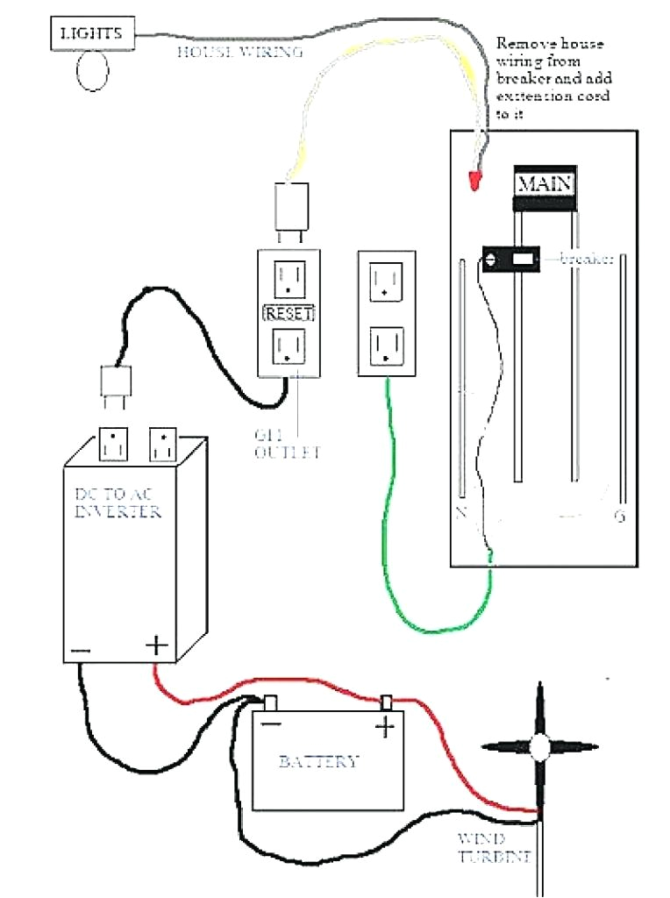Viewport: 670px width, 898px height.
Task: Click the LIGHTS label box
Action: pyautogui.click(x=91, y=34)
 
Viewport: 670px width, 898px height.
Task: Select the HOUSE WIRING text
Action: pyautogui.click(x=240, y=53)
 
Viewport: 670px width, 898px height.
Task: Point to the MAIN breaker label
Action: pyautogui.click(x=545, y=184)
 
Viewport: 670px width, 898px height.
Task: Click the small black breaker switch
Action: pyautogui.click(x=509, y=259)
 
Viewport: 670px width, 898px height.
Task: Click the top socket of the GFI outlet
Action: pyautogui.click(x=288, y=279)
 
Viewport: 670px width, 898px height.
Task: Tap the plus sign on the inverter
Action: pyautogui.click(x=156, y=646)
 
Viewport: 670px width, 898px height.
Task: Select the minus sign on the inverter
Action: pyautogui.click(x=80, y=650)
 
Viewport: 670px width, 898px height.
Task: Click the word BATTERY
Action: pyautogui.click(x=318, y=761)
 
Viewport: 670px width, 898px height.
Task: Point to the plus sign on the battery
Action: pyautogui.click(x=385, y=726)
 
